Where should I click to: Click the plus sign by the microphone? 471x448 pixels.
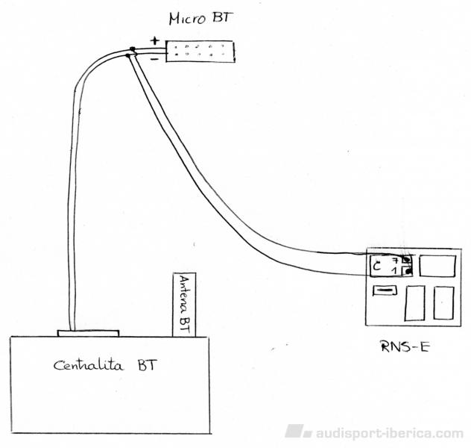tap(155, 41)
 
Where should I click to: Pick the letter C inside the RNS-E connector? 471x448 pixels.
tap(378, 265)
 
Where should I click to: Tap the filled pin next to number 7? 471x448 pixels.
tap(406, 260)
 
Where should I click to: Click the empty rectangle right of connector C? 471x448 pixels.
tap(437, 266)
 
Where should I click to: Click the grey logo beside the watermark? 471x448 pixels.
tap(297, 432)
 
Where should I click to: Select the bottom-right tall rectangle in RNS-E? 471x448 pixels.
tap(443, 303)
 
